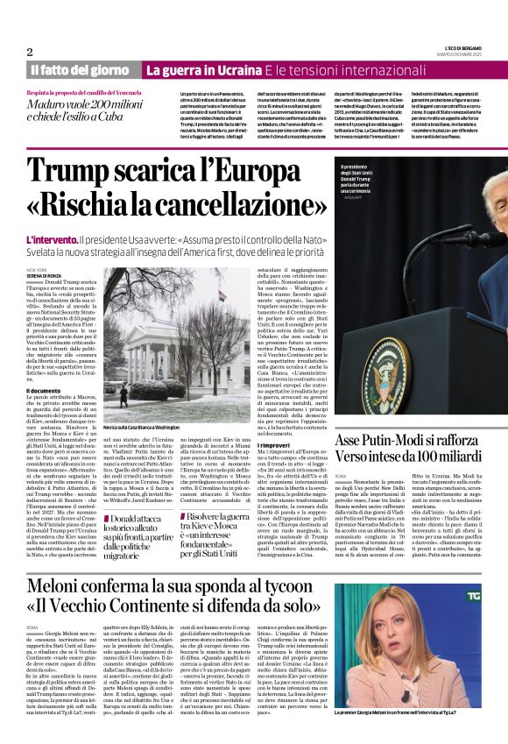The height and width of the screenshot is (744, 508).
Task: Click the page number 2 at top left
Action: click(x=30, y=52)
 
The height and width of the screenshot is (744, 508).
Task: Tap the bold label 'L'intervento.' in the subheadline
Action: click(x=51, y=239)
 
